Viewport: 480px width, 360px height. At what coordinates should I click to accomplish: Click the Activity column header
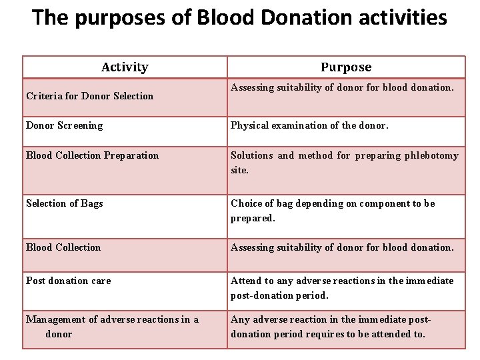tap(125, 67)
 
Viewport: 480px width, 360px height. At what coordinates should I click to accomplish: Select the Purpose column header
tap(346, 67)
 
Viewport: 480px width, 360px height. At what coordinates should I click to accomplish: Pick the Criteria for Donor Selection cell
tap(89, 96)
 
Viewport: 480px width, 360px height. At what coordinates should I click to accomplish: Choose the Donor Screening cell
tap(65, 125)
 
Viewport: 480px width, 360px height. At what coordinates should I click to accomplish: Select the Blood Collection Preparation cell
tap(92, 155)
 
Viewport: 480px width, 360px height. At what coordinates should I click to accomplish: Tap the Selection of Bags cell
tap(65, 203)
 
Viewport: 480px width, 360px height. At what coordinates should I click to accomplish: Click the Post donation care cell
tap(68, 281)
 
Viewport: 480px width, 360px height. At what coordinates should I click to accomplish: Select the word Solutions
tap(252, 155)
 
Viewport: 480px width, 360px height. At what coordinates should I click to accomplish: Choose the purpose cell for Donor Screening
tap(346, 131)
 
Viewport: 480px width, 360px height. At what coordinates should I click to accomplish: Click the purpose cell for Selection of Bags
tap(346, 211)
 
